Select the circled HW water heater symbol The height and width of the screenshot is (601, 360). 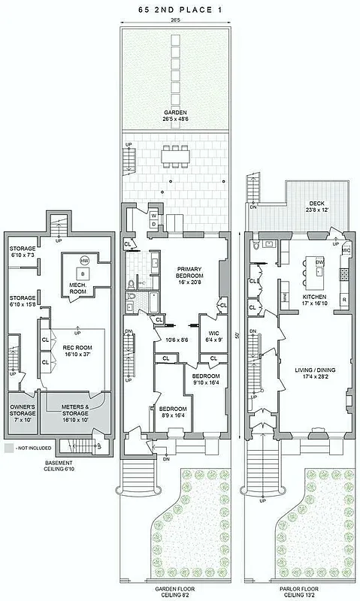pos(85,261)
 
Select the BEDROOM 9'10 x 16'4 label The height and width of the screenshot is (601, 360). pos(204,379)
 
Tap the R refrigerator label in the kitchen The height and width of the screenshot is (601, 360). pos(343,299)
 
